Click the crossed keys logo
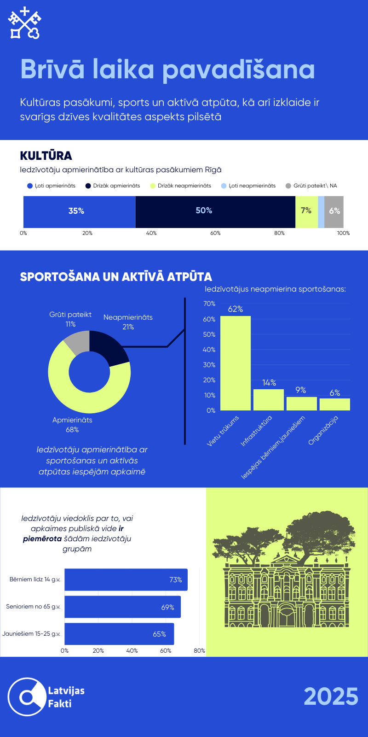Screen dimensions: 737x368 (x=25, y=23)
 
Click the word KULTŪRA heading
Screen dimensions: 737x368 (x=46, y=156)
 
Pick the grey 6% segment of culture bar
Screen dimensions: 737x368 (x=334, y=211)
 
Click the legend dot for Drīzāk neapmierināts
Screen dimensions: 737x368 (x=153, y=186)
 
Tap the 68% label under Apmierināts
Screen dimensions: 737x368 (x=72, y=429)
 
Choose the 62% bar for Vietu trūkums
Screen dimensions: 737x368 (x=236, y=363)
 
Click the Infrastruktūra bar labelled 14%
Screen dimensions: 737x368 (x=269, y=399)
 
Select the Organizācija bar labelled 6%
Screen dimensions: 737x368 (x=335, y=404)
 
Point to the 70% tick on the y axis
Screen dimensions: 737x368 (x=209, y=304)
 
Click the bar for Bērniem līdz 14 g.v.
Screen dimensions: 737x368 (x=126, y=579)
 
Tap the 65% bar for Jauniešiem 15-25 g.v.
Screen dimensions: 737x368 (x=119, y=634)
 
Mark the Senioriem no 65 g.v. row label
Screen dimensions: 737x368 (x=33, y=607)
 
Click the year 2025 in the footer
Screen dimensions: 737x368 (x=331, y=696)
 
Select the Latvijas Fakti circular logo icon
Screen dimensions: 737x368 (x=27, y=696)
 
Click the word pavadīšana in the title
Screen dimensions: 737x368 (x=239, y=70)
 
